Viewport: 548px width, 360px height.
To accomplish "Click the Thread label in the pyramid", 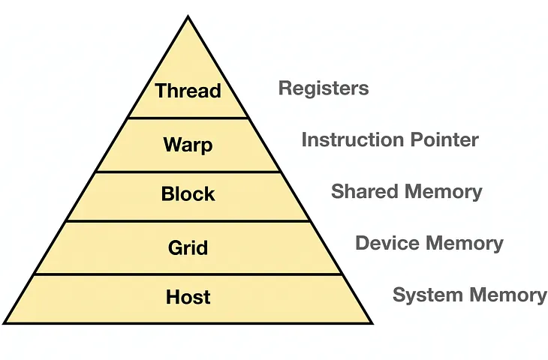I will pyautogui.click(x=188, y=91).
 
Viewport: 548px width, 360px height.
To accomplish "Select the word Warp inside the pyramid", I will pyautogui.click(x=188, y=144).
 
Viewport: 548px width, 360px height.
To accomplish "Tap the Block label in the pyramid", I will pyautogui.click(x=188, y=194).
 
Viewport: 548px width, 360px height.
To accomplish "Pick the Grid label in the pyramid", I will pyautogui.click(x=188, y=247).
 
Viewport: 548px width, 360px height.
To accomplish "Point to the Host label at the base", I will pyautogui.click(x=188, y=298).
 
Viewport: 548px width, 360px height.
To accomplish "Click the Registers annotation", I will pyautogui.click(x=324, y=88).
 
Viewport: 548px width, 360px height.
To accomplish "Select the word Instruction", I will pyautogui.click(x=344, y=139).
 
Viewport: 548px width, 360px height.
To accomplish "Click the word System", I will pyautogui.click(x=428, y=295).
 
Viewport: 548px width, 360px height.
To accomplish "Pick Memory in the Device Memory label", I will pyautogui.click(x=464, y=243).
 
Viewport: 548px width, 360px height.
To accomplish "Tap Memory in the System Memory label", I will pyautogui.click(x=507, y=295).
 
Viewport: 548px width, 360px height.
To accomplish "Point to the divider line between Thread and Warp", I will pyautogui.click(x=188, y=118).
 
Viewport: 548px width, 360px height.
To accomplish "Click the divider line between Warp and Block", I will pyautogui.click(x=188, y=171).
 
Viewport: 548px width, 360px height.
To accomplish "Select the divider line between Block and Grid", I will pyautogui.click(x=188, y=221).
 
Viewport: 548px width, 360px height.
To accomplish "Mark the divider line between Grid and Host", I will pyautogui.click(x=188, y=274).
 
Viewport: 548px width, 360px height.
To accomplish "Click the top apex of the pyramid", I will pyautogui.click(x=188, y=16).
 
